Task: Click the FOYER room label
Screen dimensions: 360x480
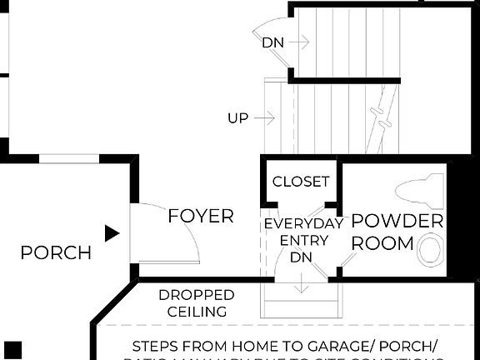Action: (x=201, y=217)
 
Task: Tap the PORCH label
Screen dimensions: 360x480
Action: (x=56, y=252)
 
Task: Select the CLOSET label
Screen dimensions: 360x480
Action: (x=301, y=182)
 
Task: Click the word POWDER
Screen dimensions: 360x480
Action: (x=397, y=222)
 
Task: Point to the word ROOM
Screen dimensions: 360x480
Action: (x=382, y=243)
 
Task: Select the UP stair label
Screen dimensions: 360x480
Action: (x=237, y=119)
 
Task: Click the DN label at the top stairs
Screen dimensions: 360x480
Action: (x=272, y=42)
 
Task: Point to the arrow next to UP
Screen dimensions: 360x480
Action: (x=265, y=119)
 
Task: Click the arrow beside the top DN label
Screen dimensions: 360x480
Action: (x=300, y=41)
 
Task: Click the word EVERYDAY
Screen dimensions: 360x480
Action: (x=303, y=224)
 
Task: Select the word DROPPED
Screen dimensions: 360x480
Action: (x=196, y=295)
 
